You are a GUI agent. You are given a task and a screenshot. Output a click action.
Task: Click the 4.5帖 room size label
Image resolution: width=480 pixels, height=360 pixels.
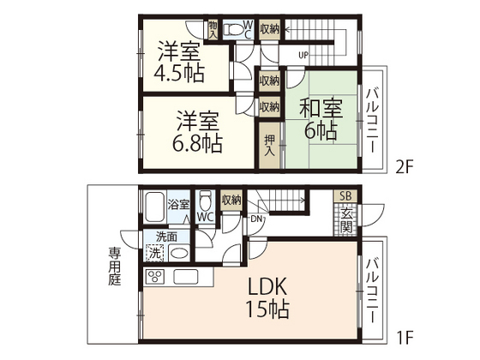tap(179, 74)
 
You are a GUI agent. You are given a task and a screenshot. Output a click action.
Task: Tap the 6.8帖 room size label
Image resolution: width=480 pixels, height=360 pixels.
tap(197, 143)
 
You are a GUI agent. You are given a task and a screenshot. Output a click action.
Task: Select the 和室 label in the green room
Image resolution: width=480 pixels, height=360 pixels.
tap(321, 108)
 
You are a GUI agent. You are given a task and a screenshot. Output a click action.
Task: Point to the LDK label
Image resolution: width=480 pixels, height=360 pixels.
tap(267, 286)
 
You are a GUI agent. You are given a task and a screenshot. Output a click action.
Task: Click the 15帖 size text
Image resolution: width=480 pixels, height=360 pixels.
tap(267, 309)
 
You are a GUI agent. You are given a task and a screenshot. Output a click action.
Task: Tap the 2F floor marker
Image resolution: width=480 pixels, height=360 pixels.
tap(405, 167)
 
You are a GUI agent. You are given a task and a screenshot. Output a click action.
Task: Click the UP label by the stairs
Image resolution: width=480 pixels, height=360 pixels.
tap(303, 56)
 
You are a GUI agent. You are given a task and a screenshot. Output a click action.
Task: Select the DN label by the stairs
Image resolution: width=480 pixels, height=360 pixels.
tap(256, 219)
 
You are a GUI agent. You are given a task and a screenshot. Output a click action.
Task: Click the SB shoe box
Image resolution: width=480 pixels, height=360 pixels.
tap(345, 196)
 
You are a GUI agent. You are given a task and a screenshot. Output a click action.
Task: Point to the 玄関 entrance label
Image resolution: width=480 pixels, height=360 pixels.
tap(346, 219)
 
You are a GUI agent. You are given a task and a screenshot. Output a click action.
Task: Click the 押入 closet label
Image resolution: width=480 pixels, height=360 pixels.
tap(269, 146)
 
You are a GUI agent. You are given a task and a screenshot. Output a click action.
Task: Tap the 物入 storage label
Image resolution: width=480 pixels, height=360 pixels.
tap(213, 29)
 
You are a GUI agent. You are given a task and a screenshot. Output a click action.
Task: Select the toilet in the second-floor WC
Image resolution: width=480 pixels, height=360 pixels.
tap(234, 30)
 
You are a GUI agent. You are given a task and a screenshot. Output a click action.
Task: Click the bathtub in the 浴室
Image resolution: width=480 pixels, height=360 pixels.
tap(154, 207)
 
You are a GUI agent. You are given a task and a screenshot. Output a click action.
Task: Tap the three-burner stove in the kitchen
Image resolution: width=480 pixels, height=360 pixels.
tap(155, 277)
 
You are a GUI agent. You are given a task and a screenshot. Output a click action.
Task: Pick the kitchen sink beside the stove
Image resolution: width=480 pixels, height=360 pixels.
tap(186, 277)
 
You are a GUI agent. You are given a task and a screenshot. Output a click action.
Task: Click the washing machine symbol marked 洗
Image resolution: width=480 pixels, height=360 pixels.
tap(155, 253)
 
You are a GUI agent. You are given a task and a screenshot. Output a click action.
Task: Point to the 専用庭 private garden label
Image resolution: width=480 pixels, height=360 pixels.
tap(115, 267)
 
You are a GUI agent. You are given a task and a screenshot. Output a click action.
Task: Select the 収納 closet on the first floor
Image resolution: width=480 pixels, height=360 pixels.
tap(231, 201)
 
